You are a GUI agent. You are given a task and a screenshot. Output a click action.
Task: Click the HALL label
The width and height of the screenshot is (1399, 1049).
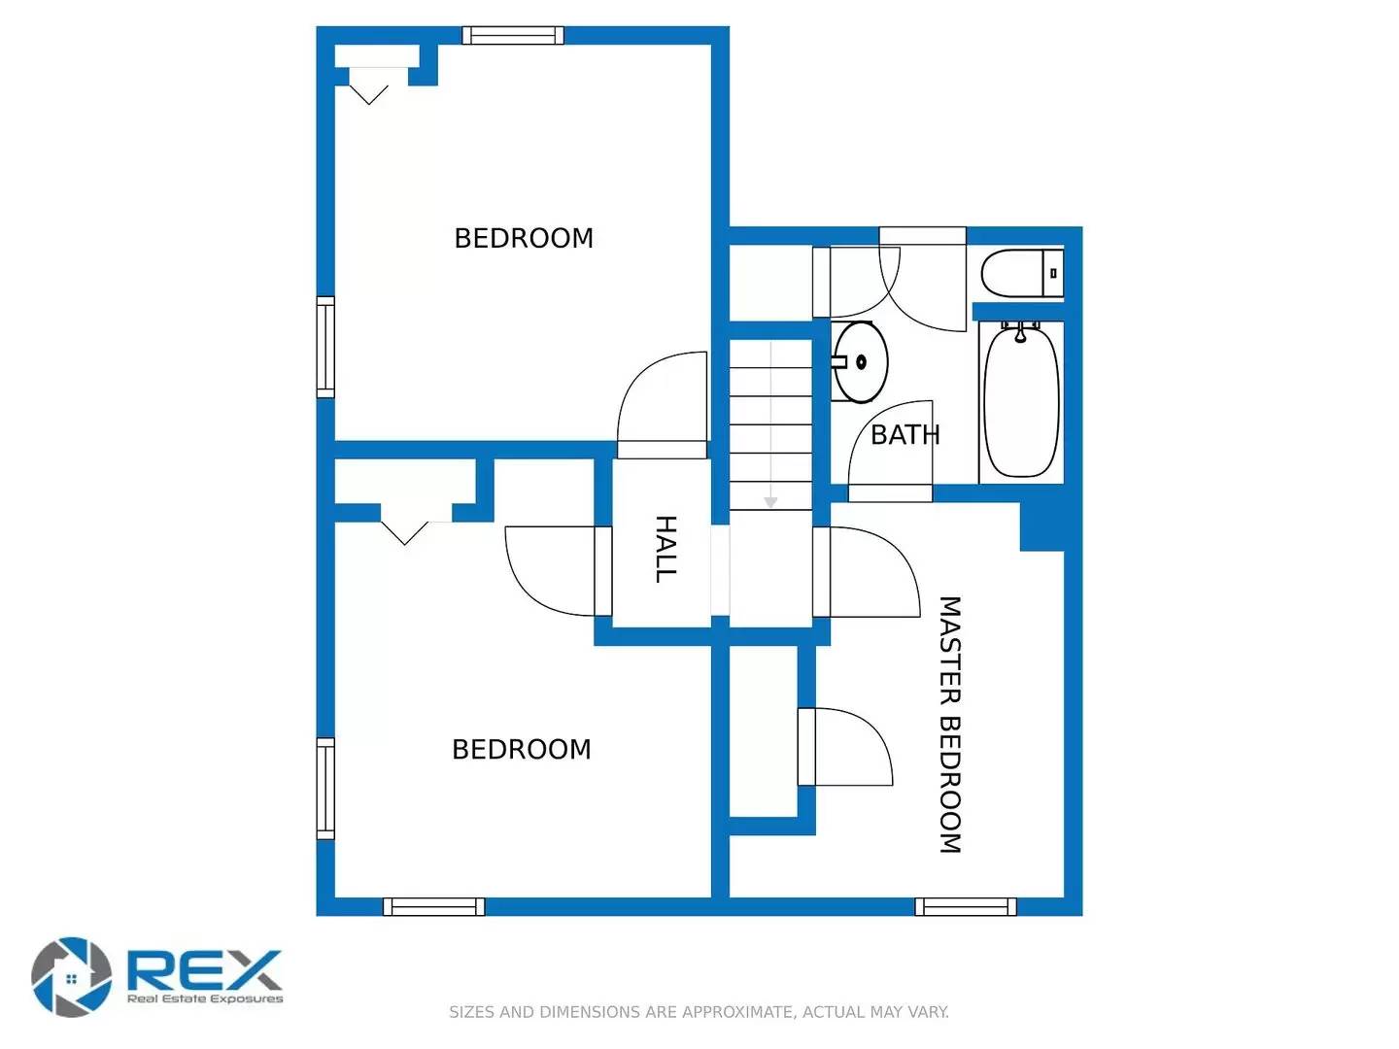point(665,549)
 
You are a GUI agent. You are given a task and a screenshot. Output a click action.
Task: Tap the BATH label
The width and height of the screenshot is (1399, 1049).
point(904,435)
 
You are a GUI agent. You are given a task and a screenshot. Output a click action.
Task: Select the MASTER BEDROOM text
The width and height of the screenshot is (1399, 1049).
point(949,725)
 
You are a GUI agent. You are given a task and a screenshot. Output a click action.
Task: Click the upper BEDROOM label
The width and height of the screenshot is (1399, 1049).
point(524,239)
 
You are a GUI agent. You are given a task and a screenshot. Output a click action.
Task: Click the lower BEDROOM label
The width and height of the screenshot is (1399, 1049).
point(522,750)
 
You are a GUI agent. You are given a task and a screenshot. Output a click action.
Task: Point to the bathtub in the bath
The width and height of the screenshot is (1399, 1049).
point(1021,401)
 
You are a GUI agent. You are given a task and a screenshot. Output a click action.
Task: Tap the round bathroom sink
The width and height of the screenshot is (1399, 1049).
point(861,362)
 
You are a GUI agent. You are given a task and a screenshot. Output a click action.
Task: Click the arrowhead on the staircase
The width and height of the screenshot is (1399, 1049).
point(770,502)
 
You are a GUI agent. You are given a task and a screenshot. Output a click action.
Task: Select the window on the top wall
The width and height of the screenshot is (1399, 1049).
point(512,36)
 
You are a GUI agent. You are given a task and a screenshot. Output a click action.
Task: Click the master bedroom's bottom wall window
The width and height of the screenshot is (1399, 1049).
point(966,907)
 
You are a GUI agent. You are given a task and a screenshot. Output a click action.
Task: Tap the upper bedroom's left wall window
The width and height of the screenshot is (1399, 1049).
point(325,347)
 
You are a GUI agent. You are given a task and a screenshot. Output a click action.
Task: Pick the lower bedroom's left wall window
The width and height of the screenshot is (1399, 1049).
point(325,789)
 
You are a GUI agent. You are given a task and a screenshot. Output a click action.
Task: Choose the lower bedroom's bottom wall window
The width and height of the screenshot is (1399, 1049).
point(433,907)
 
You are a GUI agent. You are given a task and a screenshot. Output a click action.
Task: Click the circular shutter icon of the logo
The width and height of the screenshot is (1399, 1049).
point(71,977)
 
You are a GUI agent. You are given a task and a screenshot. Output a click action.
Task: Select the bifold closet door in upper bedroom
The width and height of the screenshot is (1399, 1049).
point(369,87)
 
